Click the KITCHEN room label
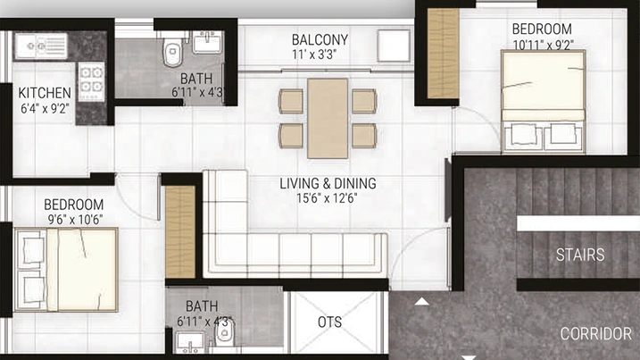point(45,93)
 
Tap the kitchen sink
point(41,46)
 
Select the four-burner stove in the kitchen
point(91,81)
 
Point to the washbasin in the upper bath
point(207,42)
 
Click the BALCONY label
point(320,39)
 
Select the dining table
point(328,119)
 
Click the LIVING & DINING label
point(328,183)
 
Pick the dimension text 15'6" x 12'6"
point(327,198)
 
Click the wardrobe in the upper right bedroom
point(443,54)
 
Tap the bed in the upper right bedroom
point(544,102)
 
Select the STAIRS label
point(580,255)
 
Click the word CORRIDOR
point(596,334)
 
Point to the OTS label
point(329,322)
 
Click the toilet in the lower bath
point(224,332)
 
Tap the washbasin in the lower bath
point(191,341)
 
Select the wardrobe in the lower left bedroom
point(180,232)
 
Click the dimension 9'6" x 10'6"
point(75,220)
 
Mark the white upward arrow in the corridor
point(421,302)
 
